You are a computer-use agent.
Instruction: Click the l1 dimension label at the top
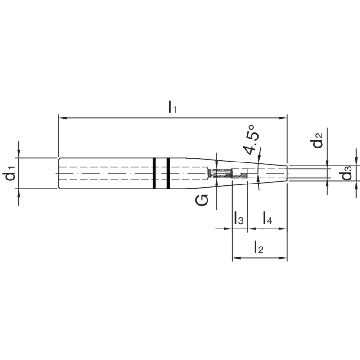pos(172,108)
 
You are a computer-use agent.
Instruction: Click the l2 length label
pos(258,247)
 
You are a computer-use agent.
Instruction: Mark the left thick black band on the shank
pos(154,173)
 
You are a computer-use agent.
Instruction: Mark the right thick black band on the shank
pos(168,173)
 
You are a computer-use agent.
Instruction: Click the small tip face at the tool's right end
pos(287,173)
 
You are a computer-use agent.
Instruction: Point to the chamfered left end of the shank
pos(59,173)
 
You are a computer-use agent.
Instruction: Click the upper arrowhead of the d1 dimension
pos(18,155)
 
